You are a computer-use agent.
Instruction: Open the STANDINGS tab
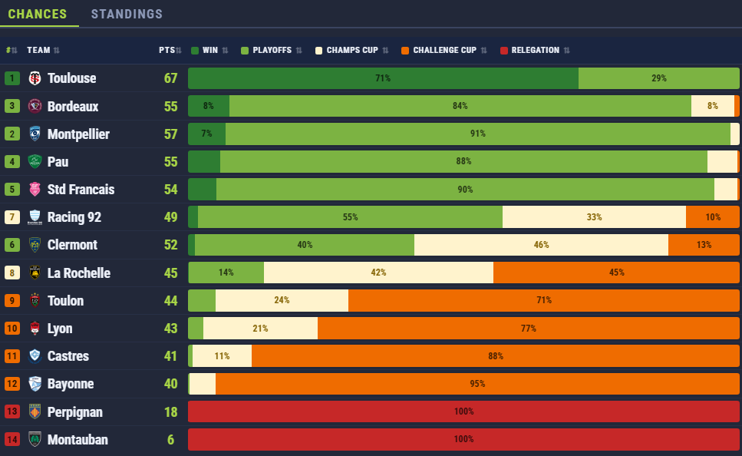[127, 14]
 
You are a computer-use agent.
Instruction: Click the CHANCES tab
[38, 14]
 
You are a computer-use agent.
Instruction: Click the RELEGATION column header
[535, 51]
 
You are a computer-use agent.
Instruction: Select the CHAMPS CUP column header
[351, 51]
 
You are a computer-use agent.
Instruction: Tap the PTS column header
[167, 51]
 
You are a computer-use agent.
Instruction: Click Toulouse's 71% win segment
[383, 78]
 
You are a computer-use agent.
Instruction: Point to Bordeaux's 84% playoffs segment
[460, 106]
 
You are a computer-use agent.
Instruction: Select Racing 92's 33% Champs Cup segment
[594, 217]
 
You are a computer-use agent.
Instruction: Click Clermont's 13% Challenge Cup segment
[704, 245]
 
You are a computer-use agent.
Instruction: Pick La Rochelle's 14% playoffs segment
[226, 273]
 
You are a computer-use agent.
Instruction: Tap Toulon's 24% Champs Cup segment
[282, 300]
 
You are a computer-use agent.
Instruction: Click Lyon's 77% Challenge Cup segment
[528, 329]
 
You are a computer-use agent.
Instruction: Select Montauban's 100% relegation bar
[463, 439]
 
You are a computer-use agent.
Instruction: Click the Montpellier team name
[78, 134]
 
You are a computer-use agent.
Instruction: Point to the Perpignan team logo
[35, 411]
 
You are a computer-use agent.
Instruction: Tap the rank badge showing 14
[12, 440]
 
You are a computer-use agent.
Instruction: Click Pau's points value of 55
[170, 162]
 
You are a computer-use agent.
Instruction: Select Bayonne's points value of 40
[170, 384]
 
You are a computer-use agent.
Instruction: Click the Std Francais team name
[81, 190]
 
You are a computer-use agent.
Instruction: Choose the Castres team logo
[35, 356]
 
